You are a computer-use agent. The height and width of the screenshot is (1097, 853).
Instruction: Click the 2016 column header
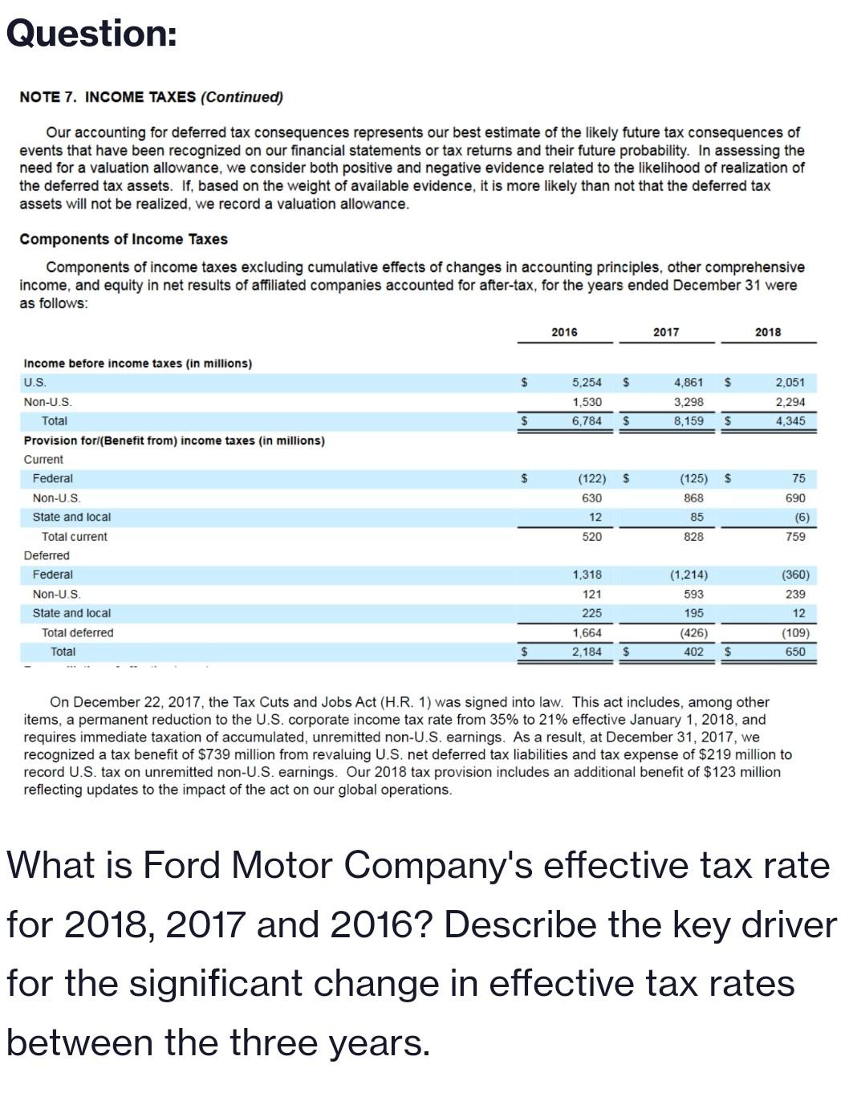click(564, 332)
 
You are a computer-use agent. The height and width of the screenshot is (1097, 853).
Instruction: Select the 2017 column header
click(665, 332)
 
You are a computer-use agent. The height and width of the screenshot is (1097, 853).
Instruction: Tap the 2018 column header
click(767, 332)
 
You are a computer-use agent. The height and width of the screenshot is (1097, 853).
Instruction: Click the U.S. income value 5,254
click(587, 383)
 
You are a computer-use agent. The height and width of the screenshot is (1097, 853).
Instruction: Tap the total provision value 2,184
click(587, 652)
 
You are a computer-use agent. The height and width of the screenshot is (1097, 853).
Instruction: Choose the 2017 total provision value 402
click(693, 652)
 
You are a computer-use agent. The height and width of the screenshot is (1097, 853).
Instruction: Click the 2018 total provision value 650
click(794, 652)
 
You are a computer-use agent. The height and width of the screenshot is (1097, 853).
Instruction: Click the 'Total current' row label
click(74, 537)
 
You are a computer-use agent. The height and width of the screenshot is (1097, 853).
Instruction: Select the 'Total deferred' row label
click(77, 633)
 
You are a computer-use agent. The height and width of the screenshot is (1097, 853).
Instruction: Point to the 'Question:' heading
click(91, 34)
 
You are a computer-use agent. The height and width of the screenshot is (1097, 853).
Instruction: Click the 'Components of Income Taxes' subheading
click(124, 239)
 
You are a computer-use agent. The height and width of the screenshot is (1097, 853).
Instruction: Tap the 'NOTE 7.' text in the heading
click(48, 97)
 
